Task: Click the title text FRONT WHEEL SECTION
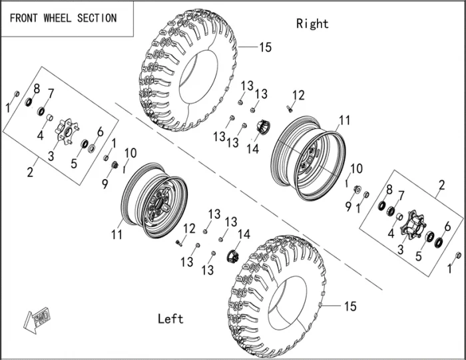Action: coord(63,18)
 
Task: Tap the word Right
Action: coord(312,24)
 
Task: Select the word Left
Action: coord(170,319)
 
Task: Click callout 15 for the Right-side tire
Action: coord(265,48)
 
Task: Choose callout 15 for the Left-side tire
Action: coord(349,307)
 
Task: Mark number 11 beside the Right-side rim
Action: coord(344,121)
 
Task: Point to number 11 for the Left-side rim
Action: coord(116,234)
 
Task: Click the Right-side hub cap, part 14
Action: coord(262,126)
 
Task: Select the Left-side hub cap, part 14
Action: coord(233,256)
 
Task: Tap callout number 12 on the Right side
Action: coord(298,95)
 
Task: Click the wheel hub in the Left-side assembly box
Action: coord(65,130)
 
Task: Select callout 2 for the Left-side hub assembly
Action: coord(30,173)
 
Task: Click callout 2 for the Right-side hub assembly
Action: coord(441,184)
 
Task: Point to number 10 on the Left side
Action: coord(130,153)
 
